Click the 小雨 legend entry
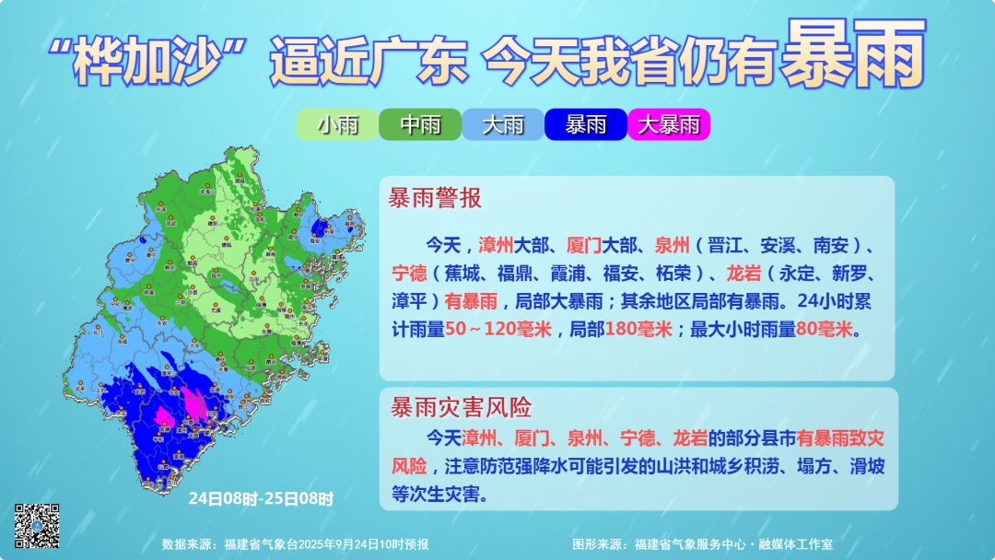pyautogui.click(x=337, y=124)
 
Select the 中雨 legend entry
pyautogui.click(x=420, y=124)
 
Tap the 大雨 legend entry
pyautogui.click(x=503, y=124)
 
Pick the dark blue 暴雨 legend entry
pyautogui.click(x=586, y=124)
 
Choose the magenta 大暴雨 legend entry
pyautogui.click(x=669, y=124)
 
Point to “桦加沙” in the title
pyautogui.click(x=150, y=63)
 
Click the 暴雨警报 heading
pyautogui.click(x=435, y=198)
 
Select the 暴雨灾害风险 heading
pyautogui.click(x=461, y=407)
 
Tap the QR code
pyautogui.click(x=37, y=526)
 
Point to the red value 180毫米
pyautogui.click(x=638, y=329)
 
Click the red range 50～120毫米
pyautogui.click(x=498, y=329)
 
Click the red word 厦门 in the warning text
pyautogui.click(x=584, y=246)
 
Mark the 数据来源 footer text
pyautogui.click(x=295, y=544)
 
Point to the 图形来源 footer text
pyautogui.click(x=703, y=544)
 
